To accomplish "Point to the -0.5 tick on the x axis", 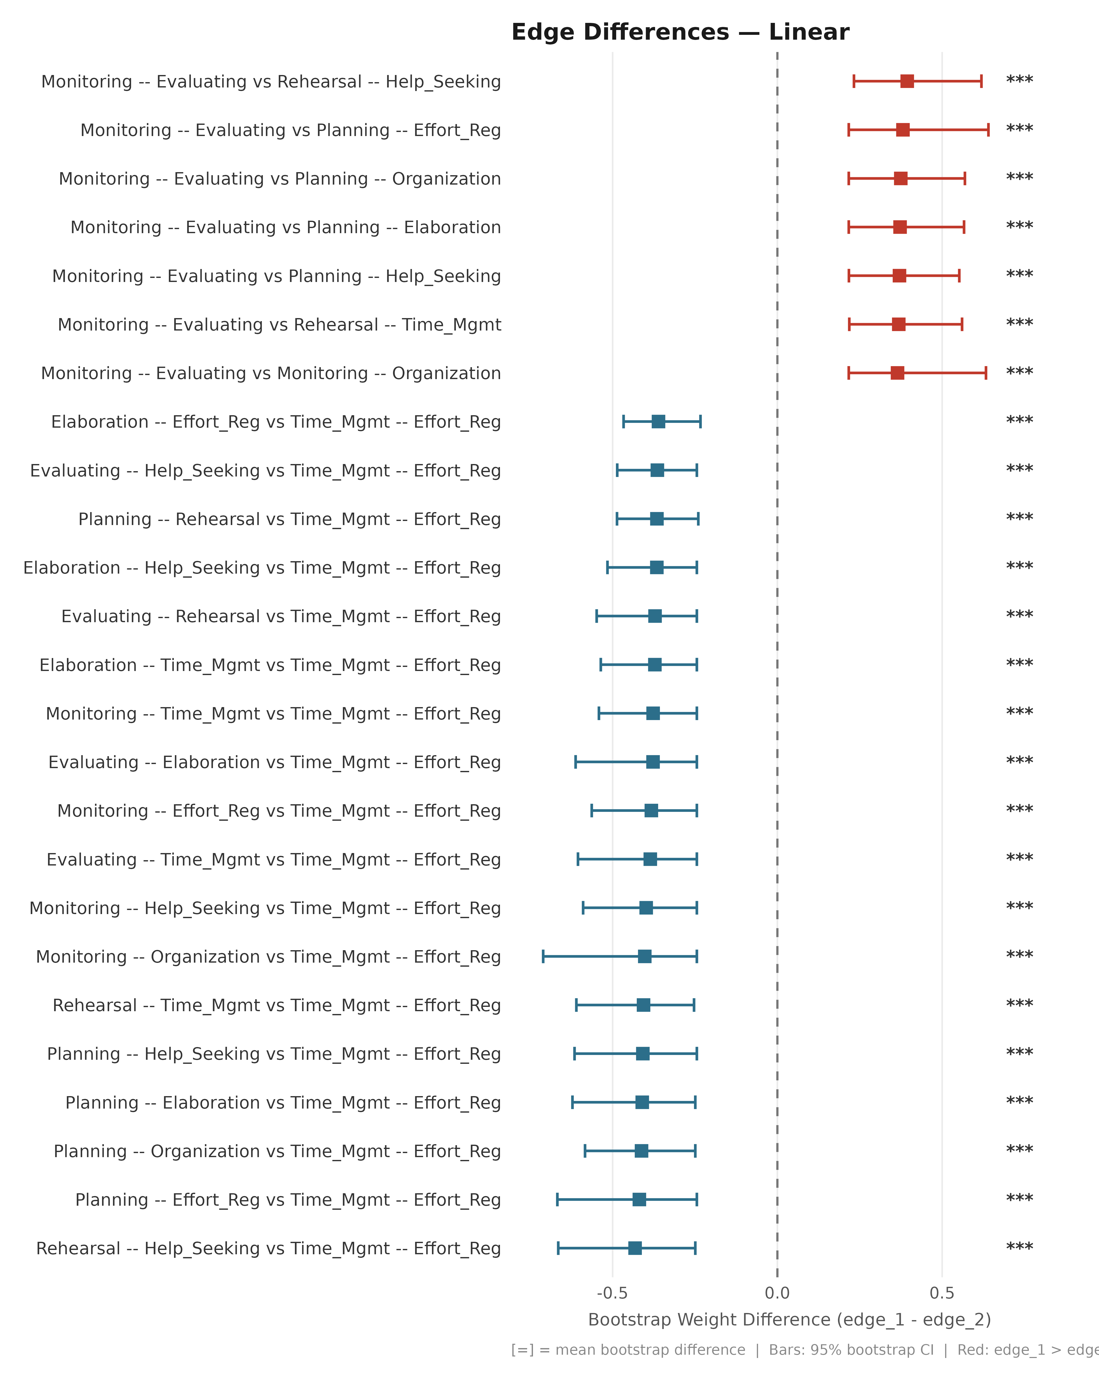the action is click(612, 1293).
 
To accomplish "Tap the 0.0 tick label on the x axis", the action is click(777, 1293).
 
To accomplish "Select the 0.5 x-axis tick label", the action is click(942, 1293).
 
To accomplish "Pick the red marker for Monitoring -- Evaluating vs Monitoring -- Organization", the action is click(897, 372).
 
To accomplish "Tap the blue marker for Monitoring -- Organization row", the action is click(645, 956).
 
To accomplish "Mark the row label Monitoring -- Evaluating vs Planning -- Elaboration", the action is click(285, 227).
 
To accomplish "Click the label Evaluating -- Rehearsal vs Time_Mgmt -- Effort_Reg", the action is click(281, 616).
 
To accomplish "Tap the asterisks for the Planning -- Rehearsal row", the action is click(1019, 518).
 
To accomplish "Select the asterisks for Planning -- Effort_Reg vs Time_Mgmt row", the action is click(1019, 1199).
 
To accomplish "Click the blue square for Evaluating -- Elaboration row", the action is click(652, 762).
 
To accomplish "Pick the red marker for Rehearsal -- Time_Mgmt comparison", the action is click(898, 324).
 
